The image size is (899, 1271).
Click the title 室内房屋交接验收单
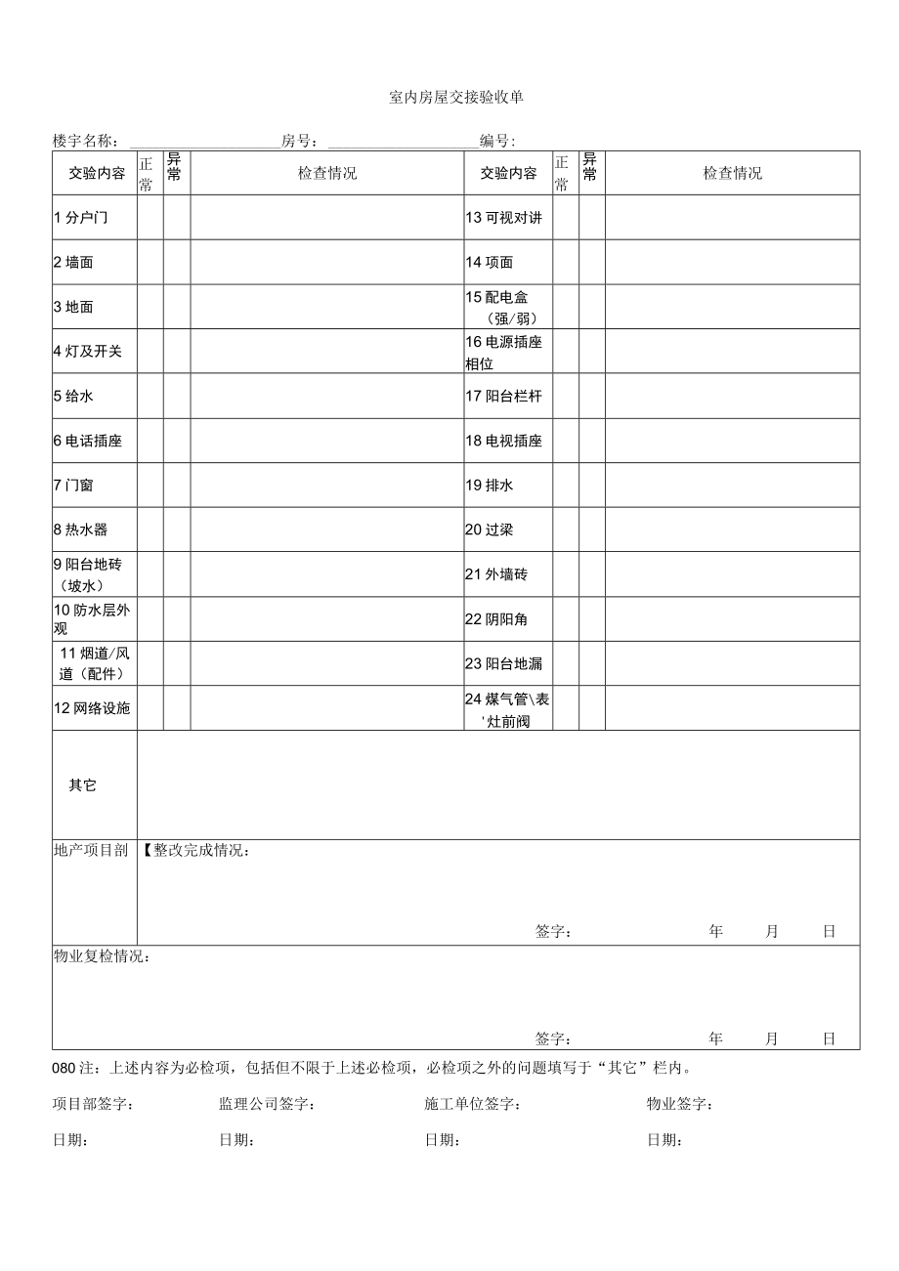[456, 97]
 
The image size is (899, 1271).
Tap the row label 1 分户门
[81, 218]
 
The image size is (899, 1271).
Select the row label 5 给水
[74, 397]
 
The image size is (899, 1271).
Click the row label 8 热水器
[81, 530]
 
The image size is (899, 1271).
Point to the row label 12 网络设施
[92, 708]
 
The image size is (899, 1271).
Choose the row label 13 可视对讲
[503, 218]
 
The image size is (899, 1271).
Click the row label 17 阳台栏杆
[503, 397]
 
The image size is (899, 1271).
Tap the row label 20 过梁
[490, 530]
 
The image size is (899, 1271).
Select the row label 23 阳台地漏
[503, 663]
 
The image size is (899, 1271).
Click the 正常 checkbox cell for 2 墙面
[150, 262]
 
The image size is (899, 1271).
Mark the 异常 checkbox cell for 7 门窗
[177, 485]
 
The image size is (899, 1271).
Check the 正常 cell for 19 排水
[566, 485]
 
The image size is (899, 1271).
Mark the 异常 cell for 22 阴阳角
[592, 619]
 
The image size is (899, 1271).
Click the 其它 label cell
[83, 785]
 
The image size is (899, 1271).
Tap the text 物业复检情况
[102, 955]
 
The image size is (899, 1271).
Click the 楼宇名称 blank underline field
[203, 142]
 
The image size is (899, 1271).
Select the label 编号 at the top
[497, 142]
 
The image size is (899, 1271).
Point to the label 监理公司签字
[266, 1105]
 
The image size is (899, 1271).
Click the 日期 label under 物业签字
[664, 1140]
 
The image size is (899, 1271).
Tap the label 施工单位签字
[472, 1105]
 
